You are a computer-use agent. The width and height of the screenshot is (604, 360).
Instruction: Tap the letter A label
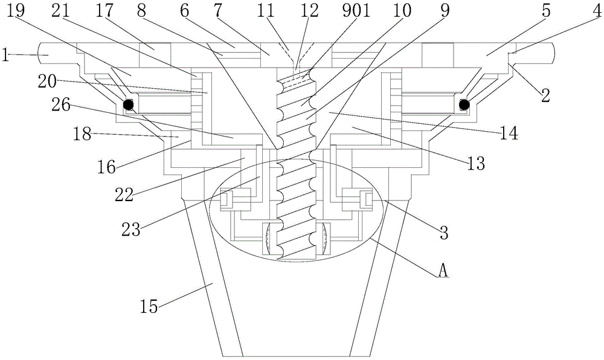coord(443,272)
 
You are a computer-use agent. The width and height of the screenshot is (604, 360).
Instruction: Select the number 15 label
coord(149,307)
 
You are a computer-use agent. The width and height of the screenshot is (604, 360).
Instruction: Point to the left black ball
coord(128,104)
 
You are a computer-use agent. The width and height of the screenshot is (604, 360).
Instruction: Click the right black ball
coord(464,104)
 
